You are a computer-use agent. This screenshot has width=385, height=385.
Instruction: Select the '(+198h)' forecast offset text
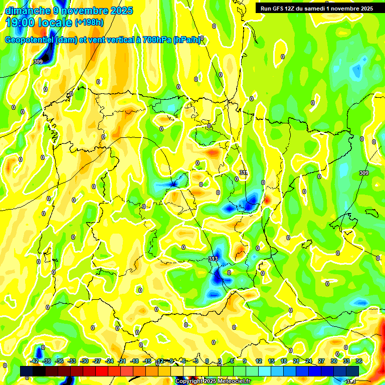click(x=90, y=23)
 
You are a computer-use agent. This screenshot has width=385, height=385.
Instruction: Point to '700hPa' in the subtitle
click(x=157, y=40)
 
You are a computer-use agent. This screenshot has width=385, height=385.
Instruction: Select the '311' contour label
click(x=244, y=173)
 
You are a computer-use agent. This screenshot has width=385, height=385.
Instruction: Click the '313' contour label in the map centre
click(x=213, y=259)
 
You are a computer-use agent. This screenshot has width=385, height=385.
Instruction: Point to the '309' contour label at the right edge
click(x=364, y=173)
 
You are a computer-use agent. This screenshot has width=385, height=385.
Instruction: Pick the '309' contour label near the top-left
click(x=38, y=62)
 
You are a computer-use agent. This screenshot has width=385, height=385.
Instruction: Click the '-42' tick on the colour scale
click(x=35, y=361)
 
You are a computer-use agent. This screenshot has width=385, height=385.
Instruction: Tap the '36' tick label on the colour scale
click(x=359, y=361)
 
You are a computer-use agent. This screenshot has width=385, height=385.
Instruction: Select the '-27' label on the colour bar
click(x=97, y=361)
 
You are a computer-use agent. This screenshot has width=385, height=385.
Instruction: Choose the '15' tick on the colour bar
click(x=271, y=361)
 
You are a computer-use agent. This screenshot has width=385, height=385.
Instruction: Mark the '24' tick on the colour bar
click(x=309, y=361)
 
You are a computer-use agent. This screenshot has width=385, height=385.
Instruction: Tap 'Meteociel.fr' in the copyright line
click(x=234, y=381)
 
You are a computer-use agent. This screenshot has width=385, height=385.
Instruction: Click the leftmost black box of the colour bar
click(x=27, y=371)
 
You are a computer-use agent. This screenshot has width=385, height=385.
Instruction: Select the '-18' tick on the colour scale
click(x=134, y=361)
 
